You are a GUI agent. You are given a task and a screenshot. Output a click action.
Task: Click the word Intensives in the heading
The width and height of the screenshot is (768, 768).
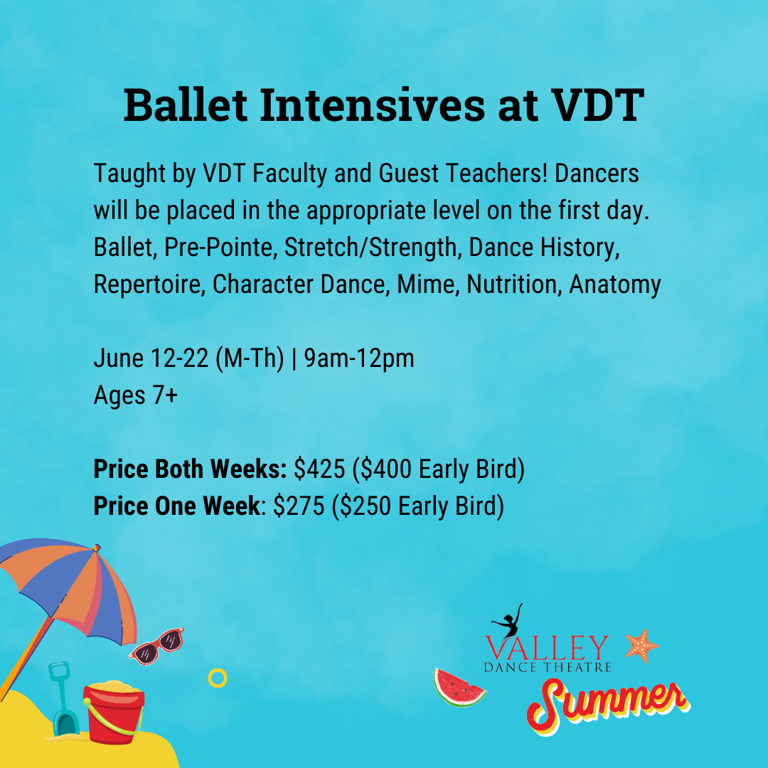click(x=372, y=105)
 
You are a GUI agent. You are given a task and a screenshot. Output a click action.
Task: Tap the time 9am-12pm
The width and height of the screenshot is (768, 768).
click(x=359, y=358)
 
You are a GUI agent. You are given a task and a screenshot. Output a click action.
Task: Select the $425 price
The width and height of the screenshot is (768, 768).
click(x=319, y=469)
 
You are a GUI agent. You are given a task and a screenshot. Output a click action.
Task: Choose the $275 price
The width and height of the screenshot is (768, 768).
click(x=299, y=506)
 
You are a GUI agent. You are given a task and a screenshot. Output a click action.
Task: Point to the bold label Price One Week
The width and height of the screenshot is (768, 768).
click(x=177, y=506)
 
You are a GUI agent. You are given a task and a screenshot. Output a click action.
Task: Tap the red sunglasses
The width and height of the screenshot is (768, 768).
click(x=156, y=646)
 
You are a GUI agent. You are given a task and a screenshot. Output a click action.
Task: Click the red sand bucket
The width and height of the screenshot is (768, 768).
click(x=114, y=712)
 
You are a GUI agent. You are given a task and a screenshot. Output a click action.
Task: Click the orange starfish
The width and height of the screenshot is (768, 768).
click(x=642, y=646)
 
